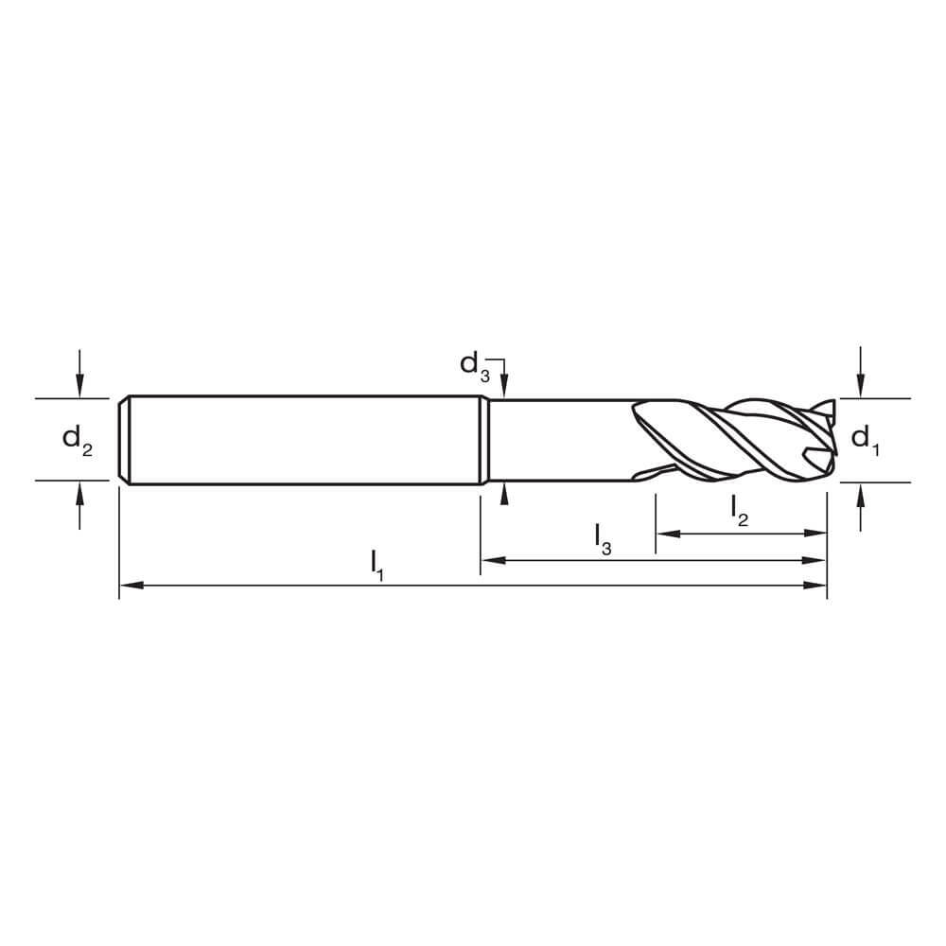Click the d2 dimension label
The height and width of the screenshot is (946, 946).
pyautogui.click(x=78, y=440)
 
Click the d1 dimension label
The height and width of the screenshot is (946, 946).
pyautogui.click(x=865, y=439)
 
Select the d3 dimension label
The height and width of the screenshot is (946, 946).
pyautogui.click(x=475, y=364)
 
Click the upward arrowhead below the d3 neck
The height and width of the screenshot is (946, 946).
pyautogui.click(x=505, y=492)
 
